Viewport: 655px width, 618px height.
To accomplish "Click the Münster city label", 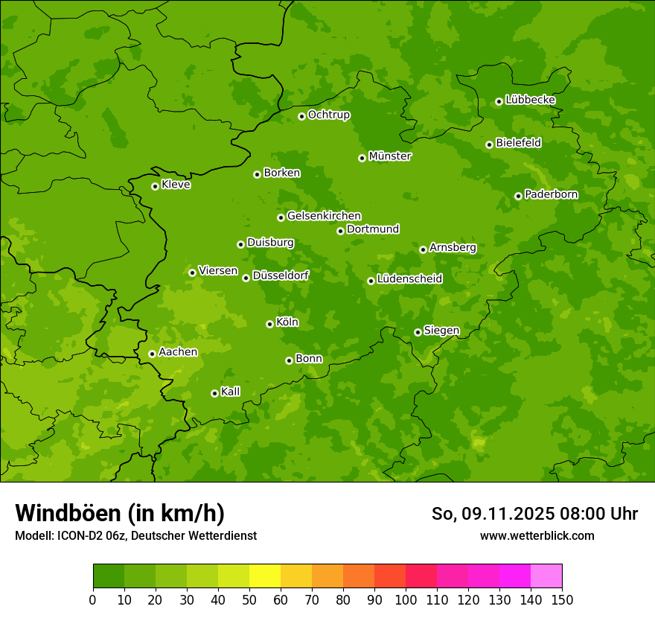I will click(390, 156).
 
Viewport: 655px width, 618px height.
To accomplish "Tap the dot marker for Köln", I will click(269, 324).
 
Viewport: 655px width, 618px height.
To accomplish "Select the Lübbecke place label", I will click(530, 100).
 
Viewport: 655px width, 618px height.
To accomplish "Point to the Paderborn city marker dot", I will click(518, 196).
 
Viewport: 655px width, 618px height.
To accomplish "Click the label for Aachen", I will click(178, 352).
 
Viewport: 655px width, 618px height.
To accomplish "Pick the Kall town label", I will click(231, 392).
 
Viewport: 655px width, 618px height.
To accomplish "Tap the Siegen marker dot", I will click(418, 332).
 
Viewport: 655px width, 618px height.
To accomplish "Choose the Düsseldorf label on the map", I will click(281, 275).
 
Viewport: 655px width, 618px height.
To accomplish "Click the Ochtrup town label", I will click(329, 115).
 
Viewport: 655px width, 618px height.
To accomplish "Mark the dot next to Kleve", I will click(155, 186).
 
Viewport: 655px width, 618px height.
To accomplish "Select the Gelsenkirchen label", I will click(324, 216).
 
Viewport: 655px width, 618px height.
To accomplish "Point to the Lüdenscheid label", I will click(409, 279).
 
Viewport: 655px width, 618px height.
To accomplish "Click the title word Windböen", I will click(68, 513).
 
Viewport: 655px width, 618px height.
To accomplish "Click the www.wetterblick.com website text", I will click(537, 535).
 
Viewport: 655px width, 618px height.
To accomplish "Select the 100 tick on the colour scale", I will click(406, 599).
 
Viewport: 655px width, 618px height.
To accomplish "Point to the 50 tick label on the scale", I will click(249, 599).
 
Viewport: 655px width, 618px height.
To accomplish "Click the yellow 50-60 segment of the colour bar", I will click(265, 576).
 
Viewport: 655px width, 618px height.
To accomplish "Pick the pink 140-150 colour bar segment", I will click(546, 576).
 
